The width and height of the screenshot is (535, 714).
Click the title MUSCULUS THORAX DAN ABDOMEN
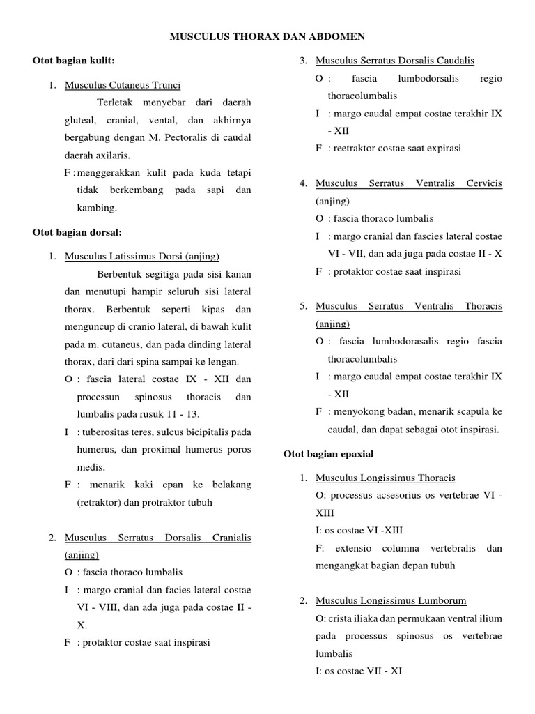point(267,36)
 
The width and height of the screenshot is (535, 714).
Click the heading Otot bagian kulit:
point(74,61)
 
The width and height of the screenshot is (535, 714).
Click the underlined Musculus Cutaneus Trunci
point(123,85)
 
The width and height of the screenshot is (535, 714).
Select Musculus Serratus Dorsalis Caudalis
point(395,61)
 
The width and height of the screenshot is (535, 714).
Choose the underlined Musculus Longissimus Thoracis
point(385,478)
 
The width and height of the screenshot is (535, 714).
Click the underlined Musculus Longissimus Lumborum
point(391,600)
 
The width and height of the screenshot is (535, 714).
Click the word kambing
point(98,208)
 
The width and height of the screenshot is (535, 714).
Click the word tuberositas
point(107,432)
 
